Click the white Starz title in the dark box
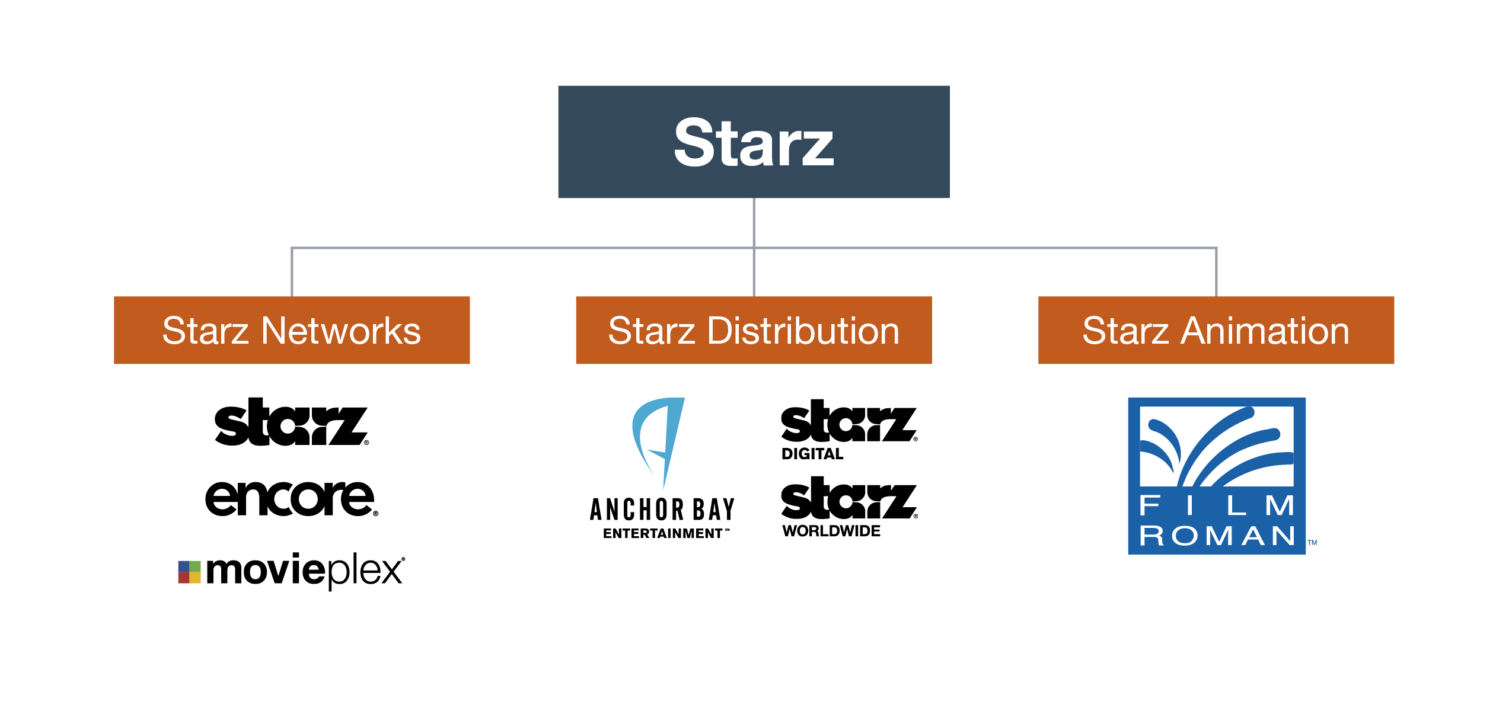[754, 143]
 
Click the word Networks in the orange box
[341, 331]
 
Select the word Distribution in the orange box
[803, 331]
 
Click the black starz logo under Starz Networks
[291, 422]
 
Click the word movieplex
[305, 571]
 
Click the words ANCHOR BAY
[662, 510]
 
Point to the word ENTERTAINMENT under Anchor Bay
[662, 533]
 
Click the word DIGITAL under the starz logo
[812, 454]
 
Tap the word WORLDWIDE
[831, 531]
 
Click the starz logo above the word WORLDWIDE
[848, 498]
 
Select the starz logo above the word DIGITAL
[848, 421]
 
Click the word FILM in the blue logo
[1217, 505]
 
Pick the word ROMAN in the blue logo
[1217, 536]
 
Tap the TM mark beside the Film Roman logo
[1312, 542]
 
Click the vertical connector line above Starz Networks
[292, 273]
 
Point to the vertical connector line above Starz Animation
[1216, 273]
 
